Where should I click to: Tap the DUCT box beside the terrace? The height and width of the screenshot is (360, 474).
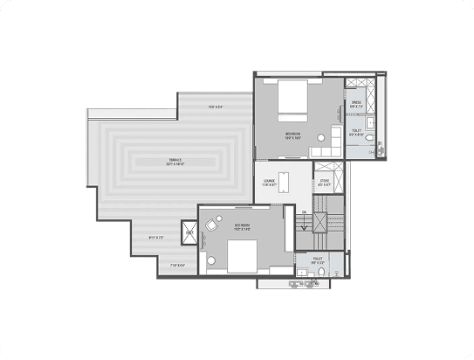pyautogui.click(x=189, y=232)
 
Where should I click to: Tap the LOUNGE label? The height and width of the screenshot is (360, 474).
pyautogui.click(x=270, y=183)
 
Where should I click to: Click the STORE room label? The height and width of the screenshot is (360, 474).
pyautogui.click(x=324, y=183)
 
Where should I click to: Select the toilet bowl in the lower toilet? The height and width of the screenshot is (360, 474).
pyautogui.click(x=322, y=273)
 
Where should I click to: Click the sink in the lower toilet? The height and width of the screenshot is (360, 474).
pyautogui.click(x=303, y=273)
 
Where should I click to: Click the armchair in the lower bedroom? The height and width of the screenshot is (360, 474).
pyautogui.click(x=212, y=225)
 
